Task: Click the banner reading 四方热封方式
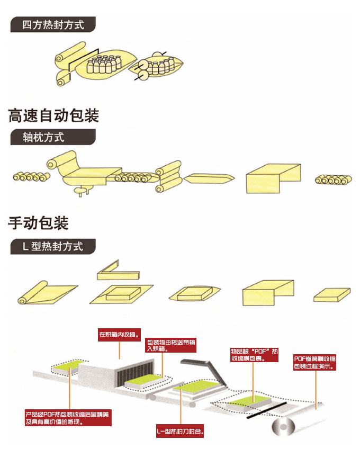point(53,25)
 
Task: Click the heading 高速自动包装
point(53,115)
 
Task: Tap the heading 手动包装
point(38,223)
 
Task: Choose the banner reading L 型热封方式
point(53,247)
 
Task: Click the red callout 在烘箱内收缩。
point(120,334)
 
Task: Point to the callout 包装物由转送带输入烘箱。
point(170,345)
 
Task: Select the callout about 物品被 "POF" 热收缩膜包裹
point(254,355)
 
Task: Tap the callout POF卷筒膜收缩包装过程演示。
point(314,362)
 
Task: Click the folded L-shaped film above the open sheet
point(118,271)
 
